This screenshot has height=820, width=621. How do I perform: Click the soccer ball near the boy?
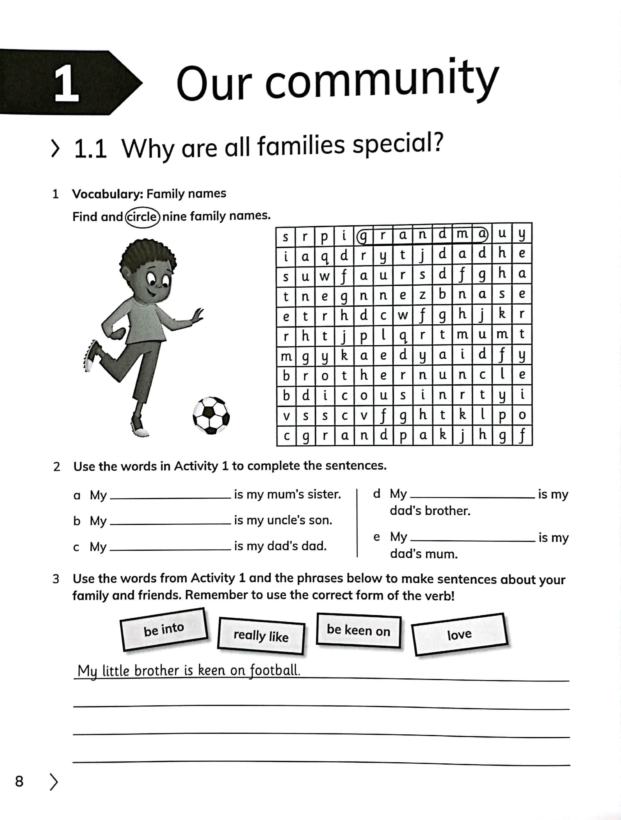point(211,415)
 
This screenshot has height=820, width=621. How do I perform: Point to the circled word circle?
point(142,216)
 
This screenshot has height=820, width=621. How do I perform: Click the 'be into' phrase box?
point(163,629)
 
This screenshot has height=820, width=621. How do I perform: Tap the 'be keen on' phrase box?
point(358,630)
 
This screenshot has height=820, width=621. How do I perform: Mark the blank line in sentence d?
point(472,497)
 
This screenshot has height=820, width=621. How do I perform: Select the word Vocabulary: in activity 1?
point(108,194)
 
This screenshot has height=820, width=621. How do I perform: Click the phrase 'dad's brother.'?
point(430,511)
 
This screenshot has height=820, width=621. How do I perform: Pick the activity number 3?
point(56,579)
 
